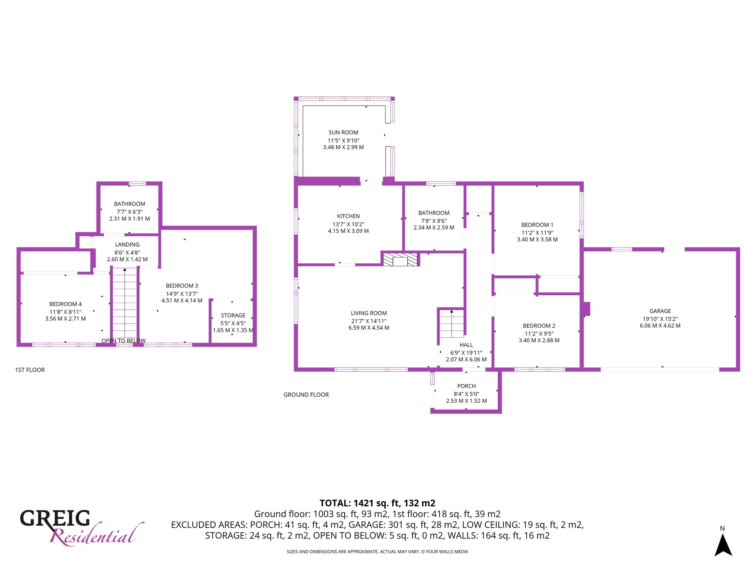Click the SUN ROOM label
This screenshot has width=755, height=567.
click(x=343, y=133)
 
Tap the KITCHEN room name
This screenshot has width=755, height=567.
click(x=348, y=216)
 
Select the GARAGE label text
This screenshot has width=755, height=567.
click(x=660, y=311)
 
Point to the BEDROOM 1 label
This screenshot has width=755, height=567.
click(x=537, y=225)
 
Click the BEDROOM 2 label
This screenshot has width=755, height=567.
click(x=539, y=326)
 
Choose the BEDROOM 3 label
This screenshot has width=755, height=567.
click(x=182, y=286)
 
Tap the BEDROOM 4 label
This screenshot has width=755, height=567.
click(x=66, y=304)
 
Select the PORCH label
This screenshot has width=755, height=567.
click(x=466, y=386)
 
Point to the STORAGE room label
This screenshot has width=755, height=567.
click(x=233, y=316)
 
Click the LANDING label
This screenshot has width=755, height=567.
click(x=127, y=245)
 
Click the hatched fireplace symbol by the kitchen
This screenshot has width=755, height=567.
click(x=400, y=260)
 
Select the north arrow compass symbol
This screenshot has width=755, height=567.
click(x=723, y=545)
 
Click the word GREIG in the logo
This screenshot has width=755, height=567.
click(x=55, y=518)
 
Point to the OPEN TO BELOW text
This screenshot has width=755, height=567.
click(x=123, y=341)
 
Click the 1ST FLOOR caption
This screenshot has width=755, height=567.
click(x=30, y=370)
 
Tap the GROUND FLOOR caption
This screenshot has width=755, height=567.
click(x=306, y=395)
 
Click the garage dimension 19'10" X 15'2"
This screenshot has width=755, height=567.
click(x=660, y=319)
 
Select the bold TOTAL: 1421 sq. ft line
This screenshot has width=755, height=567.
click(x=377, y=503)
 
